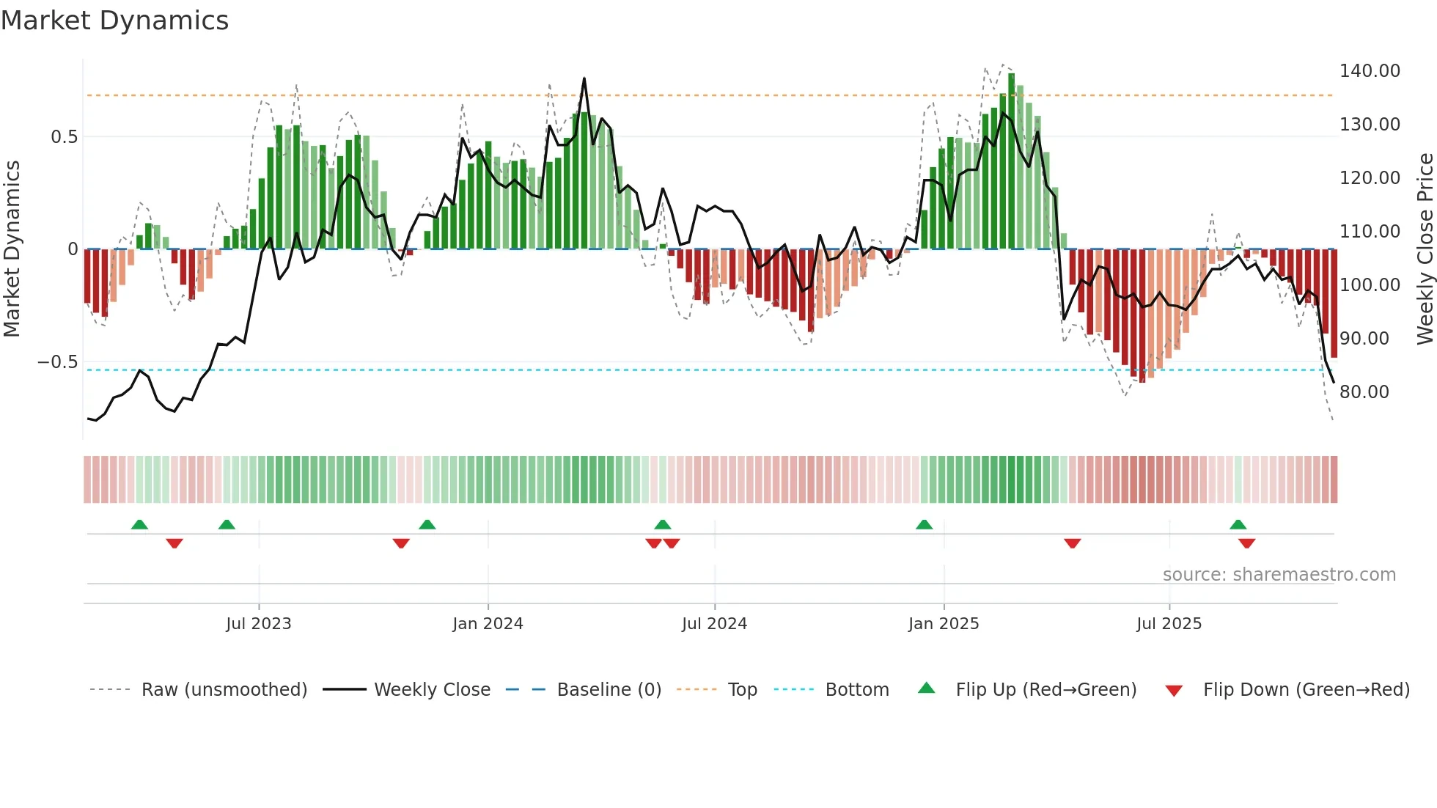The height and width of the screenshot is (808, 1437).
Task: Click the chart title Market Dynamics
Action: [x=114, y=21]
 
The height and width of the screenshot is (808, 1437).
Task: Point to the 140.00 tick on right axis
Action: [x=1369, y=71]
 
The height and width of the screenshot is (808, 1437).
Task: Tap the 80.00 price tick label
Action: [x=1364, y=392]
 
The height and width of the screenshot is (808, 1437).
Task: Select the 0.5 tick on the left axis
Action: [x=64, y=137]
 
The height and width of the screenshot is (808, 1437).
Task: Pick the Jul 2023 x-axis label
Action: [x=258, y=624]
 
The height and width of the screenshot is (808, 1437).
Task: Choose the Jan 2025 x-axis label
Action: [x=943, y=624]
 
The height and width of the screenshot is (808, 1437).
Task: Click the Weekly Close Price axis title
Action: [x=1425, y=249]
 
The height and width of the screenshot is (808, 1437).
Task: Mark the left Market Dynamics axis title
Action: [x=12, y=249]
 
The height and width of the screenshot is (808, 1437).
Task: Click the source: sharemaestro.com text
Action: [x=1279, y=575]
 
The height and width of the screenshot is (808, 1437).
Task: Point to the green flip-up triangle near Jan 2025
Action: [x=924, y=525]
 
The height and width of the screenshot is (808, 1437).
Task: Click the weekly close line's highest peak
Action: [x=584, y=78]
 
